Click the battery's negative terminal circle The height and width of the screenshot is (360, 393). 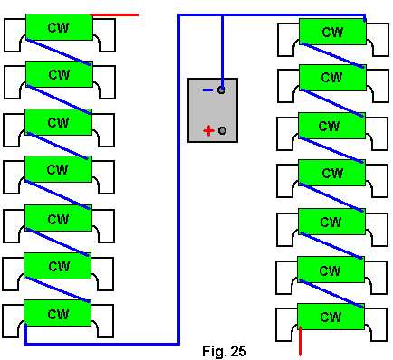pos(221,90)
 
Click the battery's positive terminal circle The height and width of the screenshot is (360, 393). pos(222,130)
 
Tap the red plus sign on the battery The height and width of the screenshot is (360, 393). pos(208,131)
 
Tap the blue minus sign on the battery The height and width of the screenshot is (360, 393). pos(208,90)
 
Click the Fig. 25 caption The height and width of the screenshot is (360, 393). pos(224,351)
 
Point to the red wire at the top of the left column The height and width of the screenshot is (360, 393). pos(115,14)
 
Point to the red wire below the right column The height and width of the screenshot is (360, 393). pos(300,341)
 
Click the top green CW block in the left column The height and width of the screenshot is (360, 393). pos(59,27)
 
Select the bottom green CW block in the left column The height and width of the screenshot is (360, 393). pos(57,313)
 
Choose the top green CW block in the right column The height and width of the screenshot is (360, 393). pos(332,32)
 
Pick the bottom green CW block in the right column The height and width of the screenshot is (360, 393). pos(331,317)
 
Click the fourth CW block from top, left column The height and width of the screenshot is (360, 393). pos(58,169)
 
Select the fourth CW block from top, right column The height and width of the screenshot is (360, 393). pos(331,173)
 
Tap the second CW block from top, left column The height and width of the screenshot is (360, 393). pos(59,74)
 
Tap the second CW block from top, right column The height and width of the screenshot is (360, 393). pos(332,78)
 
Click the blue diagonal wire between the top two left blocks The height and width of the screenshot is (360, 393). pos(58,52)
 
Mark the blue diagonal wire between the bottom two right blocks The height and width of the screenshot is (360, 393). pos(331,294)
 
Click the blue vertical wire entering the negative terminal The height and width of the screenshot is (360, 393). pos(222,52)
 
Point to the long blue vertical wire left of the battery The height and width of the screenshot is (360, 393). pos(178,179)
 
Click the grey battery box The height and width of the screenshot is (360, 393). pos(213,110)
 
